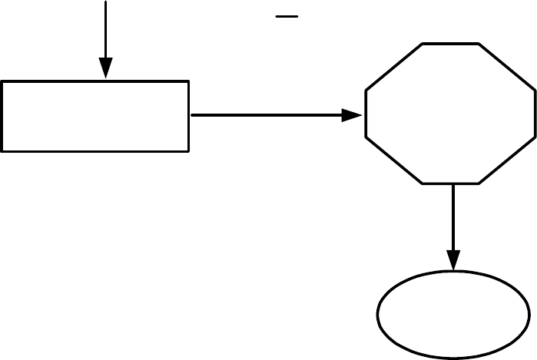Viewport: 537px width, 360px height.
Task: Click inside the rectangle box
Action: click(x=95, y=115)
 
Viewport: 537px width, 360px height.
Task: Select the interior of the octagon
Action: click(x=450, y=114)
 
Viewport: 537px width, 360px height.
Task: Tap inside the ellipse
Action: click(x=454, y=315)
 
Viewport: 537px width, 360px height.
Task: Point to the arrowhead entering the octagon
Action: click(x=353, y=115)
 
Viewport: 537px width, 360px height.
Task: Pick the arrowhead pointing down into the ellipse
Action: click(x=454, y=260)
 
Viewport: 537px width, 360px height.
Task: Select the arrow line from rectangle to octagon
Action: click(x=269, y=115)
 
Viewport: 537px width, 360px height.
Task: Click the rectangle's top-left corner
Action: click(x=2, y=81)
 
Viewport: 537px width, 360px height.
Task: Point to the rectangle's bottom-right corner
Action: click(x=188, y=150)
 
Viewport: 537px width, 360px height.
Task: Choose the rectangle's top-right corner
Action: click(x=188, y=81)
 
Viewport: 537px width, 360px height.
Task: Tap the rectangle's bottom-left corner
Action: click(x=2, y=150)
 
